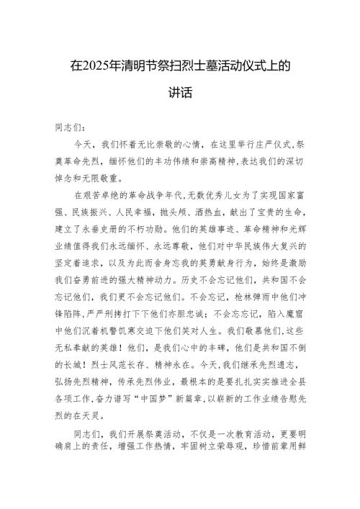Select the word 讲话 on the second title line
point(180,94)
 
